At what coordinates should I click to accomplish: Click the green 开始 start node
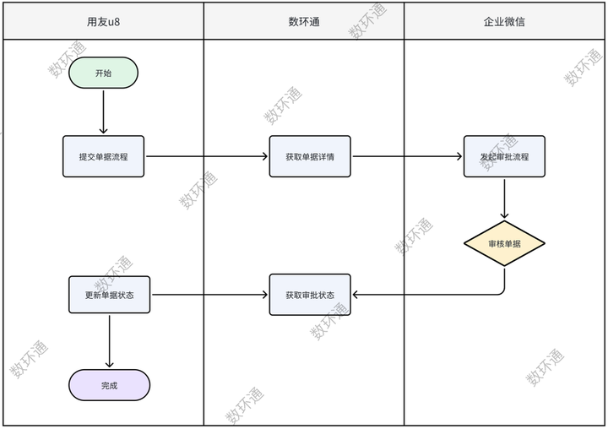pos(103,73)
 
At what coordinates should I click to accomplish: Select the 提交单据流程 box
pos(103,156)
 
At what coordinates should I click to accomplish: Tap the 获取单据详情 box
pos(310,156)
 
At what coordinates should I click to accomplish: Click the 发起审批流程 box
pos(504,156)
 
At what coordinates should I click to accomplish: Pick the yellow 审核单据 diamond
pos(504,244)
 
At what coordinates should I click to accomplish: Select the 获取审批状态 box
pos(310,295)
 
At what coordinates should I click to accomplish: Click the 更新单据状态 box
pos(109,295)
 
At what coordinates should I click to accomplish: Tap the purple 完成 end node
pos(109,385)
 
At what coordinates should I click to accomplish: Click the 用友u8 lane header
pos(103,21)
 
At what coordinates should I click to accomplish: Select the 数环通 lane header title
pos(304,21)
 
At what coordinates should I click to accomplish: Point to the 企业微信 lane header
pos(504,21)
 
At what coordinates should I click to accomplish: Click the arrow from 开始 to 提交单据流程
pos(103,111)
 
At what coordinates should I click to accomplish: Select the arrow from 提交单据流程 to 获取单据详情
pos(207,156)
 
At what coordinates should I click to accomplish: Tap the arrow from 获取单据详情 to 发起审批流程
pos(406,156)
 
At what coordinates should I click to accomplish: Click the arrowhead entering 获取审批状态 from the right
pos(356,295)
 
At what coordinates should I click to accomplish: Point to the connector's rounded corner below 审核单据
pos(502,292)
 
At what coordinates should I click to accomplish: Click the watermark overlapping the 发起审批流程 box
pos(498,152)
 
